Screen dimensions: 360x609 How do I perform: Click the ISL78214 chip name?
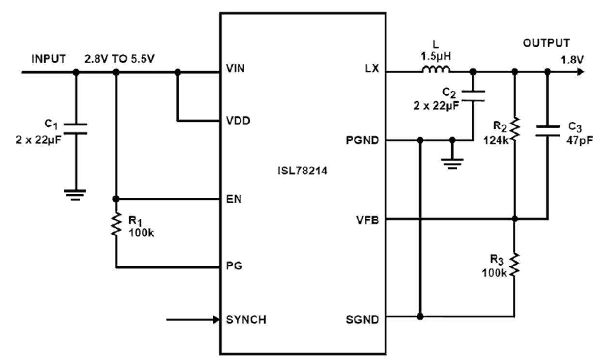[303, 170]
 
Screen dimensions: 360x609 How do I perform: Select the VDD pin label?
[238, 120]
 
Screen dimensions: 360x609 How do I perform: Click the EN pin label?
[233, 199]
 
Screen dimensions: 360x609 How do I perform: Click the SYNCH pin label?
[246, 319]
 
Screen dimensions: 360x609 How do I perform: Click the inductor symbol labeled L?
[436, 71]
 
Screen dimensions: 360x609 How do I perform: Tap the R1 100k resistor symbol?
[116, 226]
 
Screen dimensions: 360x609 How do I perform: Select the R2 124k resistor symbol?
[515, 127]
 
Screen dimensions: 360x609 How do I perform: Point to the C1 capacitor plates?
[75, 128]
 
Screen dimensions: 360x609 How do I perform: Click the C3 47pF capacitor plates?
[547, 130]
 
